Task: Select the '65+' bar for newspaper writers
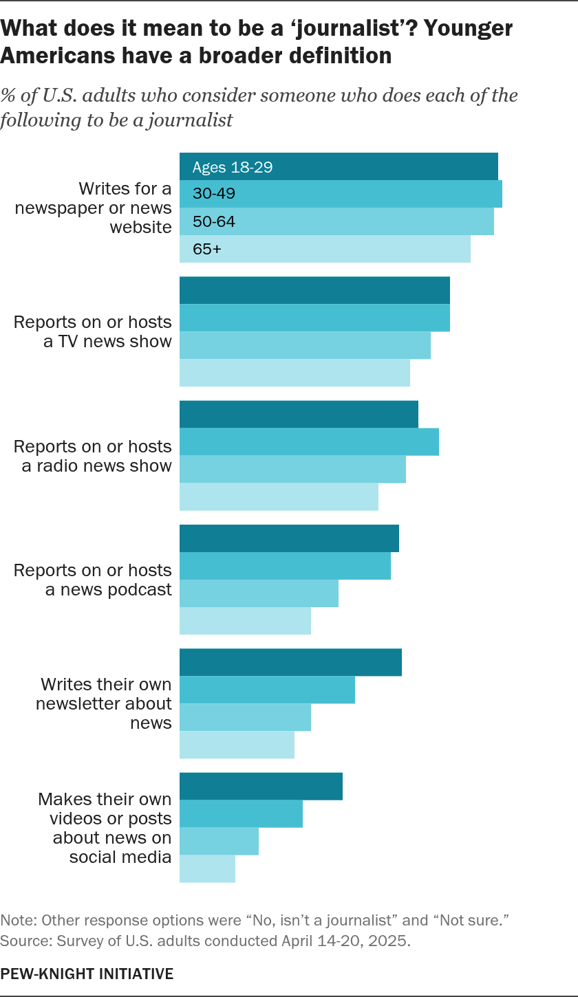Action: click(325, 249)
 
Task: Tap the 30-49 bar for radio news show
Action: click(309, 441)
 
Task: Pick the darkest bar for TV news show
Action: click(314, 290)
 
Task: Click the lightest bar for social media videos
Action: click(207, 868)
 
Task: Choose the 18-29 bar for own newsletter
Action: click(290, 662)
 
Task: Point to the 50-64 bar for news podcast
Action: click(259, 593)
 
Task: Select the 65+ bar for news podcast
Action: click(245, 621)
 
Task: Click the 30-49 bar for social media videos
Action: click(241, 813)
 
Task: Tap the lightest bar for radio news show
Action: click(279, 496)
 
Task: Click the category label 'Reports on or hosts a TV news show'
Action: click(93, 331)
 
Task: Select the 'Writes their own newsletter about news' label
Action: click(104, 703)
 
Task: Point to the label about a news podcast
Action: click(93, 580)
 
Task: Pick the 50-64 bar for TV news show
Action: click(305, 345)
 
